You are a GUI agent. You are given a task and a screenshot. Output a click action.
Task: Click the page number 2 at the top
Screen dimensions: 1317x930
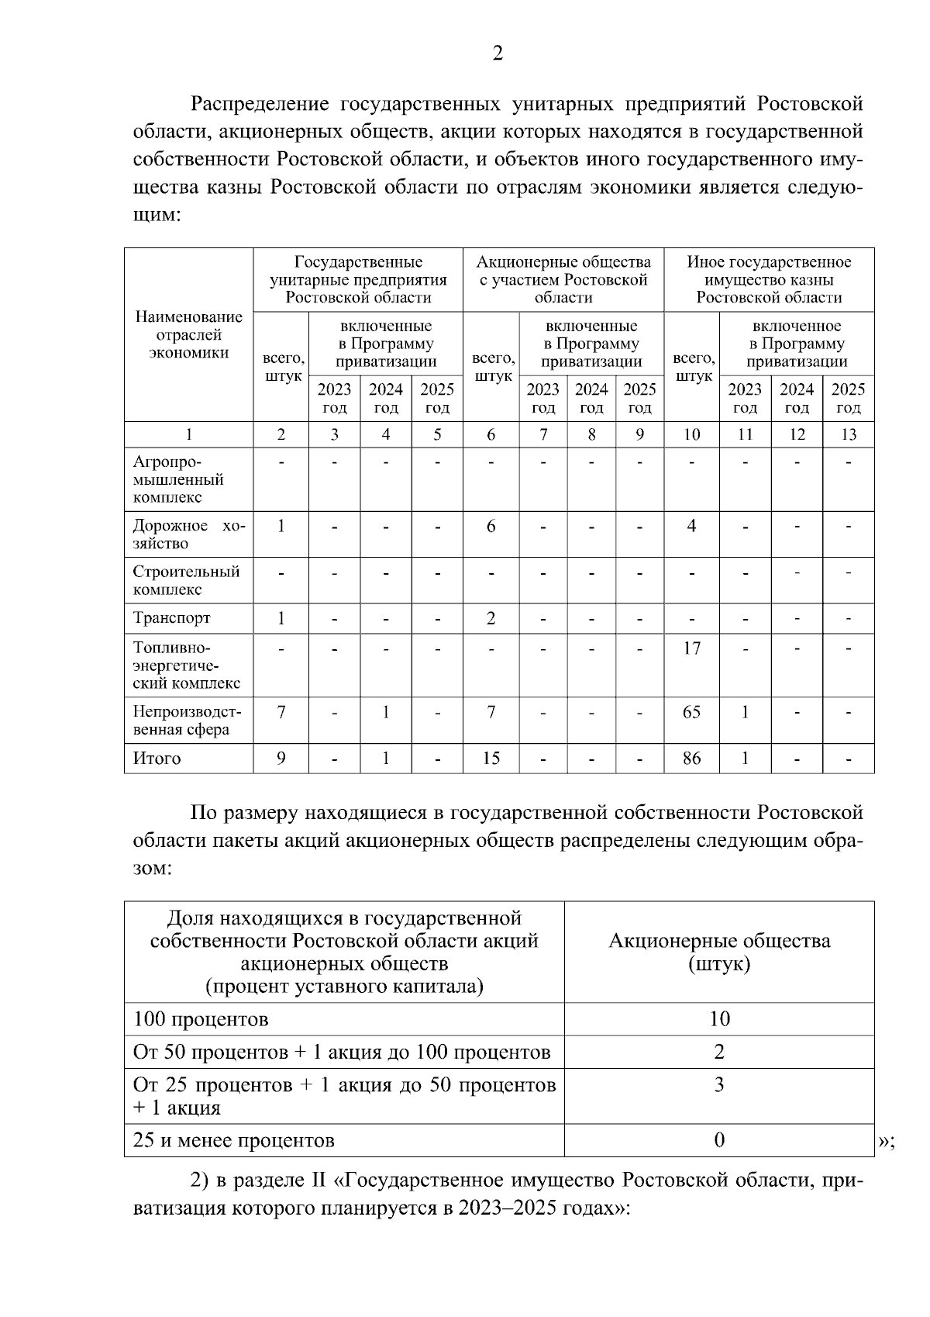pyautogui.click(x=498, y=54)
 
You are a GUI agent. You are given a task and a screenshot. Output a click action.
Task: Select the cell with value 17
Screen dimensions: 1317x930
pyautogui.click(x=691, y=648)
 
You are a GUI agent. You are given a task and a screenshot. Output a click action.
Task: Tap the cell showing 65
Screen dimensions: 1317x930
pyautogui.click(x=691, y=711)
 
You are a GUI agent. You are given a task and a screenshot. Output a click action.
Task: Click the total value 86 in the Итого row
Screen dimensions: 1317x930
pyautogui.click(x=691, y=758)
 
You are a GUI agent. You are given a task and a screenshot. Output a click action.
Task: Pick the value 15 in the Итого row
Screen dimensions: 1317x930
pyautogui.click(x=491, y=758)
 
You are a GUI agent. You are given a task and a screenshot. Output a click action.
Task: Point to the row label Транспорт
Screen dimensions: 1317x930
pyautogui.click(x=171, y=618)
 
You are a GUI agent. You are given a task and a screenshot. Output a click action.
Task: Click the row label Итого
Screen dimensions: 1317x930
pyautogui.click(x=157, y=758)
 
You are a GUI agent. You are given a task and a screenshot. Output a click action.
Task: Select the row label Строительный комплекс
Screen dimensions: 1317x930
pyautogui.click(x=186, y=580)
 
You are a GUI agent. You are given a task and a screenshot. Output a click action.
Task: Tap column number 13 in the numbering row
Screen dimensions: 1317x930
pyautogui.click(x=848, y=434)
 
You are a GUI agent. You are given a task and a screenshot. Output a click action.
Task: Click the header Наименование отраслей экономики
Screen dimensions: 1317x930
pyautogui.click(x=188, y=334)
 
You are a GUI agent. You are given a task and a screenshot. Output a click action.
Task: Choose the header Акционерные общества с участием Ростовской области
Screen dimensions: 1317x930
pyautogui.click(x=563, y=279)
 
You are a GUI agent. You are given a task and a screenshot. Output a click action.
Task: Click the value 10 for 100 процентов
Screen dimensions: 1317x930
pyautogui.click(x=719, y=1018)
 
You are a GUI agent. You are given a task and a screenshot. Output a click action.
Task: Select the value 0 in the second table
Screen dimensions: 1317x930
pyautogui.click(x=719, y=1139)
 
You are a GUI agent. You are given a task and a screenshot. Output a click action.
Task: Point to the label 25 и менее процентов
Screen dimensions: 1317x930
pyautogui.click(x=234, y=1140)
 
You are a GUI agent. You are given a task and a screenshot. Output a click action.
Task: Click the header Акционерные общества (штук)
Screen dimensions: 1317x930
pyautogui.click(x=719, y=952)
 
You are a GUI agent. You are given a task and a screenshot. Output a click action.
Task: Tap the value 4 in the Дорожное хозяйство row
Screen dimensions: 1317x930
pyautogui.click(x=691, y=526)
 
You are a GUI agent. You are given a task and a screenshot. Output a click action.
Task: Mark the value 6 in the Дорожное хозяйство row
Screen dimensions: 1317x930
pyautogui.click(x=491, y=526)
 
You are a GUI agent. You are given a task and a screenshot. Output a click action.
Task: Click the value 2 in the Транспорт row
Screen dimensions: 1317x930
pyautogui.click(x=491, y=618)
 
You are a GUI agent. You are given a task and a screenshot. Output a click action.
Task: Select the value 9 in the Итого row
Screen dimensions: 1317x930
pyautogui.click(x=281, y=758)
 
